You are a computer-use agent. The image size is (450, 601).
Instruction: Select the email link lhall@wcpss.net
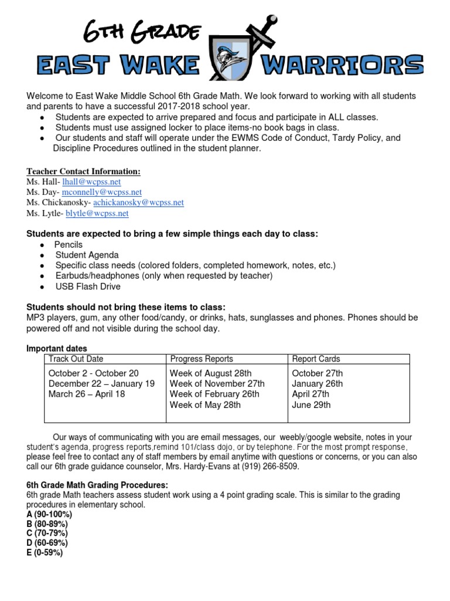[96, 182]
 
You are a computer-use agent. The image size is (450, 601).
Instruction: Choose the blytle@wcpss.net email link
[97, 213]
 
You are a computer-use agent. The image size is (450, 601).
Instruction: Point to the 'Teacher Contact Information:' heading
[83, 171]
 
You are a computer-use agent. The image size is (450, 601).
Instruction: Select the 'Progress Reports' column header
[201, 359]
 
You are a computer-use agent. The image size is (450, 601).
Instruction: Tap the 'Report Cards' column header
[316, 359]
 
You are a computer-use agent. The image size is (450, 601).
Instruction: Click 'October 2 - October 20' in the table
[94, 373]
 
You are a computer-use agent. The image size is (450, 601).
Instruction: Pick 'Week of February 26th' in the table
[214, 394]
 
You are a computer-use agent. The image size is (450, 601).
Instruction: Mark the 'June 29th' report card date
[311, 405]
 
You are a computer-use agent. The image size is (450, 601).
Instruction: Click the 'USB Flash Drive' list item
[88, 286]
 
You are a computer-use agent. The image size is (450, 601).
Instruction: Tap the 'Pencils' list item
[69, 244]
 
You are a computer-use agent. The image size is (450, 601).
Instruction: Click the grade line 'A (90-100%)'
[49, 514]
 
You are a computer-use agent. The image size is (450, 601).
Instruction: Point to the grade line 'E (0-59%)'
[45, 552]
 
